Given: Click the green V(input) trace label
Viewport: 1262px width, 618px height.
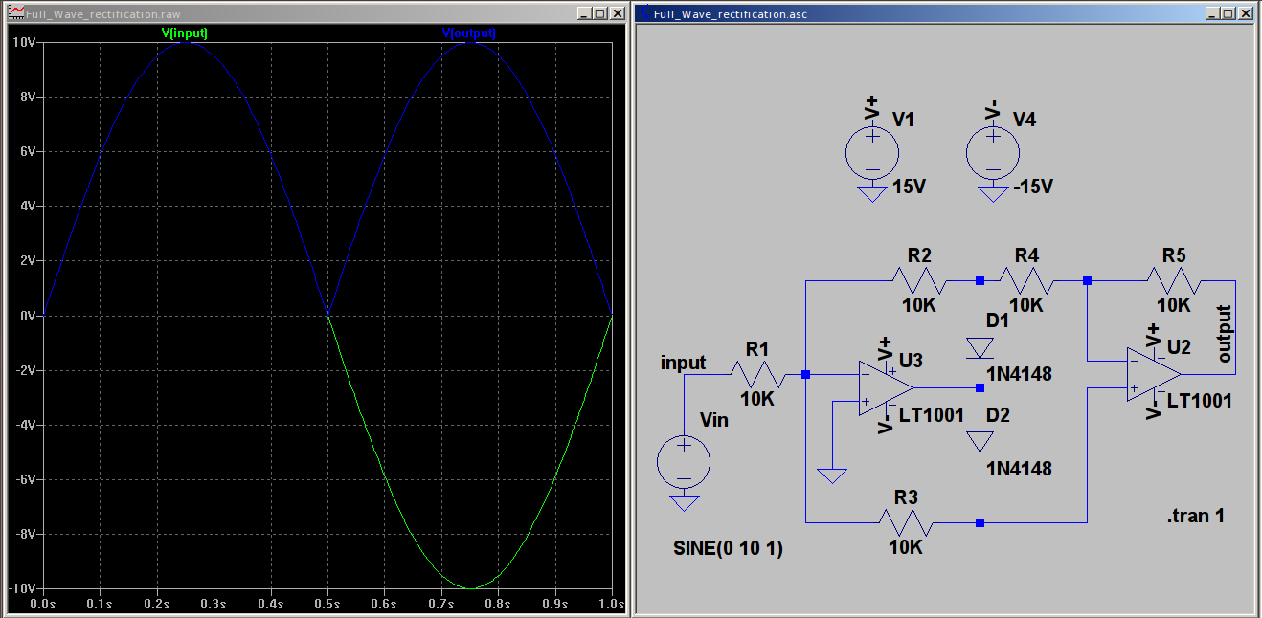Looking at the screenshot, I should pos(185,33).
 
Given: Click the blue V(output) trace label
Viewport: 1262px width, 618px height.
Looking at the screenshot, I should pos(469,33).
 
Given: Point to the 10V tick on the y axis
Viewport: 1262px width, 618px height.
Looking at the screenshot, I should pos(23,42).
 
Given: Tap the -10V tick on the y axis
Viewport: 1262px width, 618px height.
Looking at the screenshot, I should pos(21,587).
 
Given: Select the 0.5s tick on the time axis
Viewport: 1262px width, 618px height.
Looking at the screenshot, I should pos(327,604).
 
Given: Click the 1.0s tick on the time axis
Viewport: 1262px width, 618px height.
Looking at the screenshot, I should pos(610,604).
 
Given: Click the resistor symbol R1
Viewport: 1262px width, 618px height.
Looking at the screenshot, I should pos(758,374).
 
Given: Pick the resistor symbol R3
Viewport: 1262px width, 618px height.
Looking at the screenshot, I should pos(905,522).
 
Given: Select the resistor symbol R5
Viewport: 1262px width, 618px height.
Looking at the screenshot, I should pos(1174,281).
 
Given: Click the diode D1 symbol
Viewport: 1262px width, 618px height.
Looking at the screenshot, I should pos(980,347).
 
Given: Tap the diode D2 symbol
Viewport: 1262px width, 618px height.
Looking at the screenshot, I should pos(980,441).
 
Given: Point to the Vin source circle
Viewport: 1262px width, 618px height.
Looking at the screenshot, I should pos(684,463).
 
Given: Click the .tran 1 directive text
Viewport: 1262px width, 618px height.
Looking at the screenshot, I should pos(1195,517).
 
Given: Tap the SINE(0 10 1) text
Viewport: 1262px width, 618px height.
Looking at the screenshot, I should pos(729,549).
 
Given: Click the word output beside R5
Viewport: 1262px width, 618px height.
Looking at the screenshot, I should pos(1224,334).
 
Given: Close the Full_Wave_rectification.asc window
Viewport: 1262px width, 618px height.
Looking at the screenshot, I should pos(1245,14).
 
